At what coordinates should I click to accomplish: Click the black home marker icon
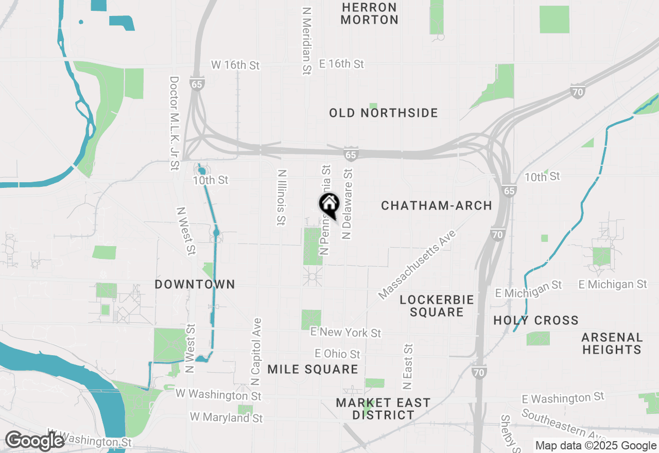[329, 205]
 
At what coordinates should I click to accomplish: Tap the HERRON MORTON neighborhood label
[369, 14]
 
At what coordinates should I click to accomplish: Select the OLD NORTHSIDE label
[384, 113]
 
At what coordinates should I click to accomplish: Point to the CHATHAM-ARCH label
[437, 205]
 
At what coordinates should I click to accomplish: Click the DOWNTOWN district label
[195, 284]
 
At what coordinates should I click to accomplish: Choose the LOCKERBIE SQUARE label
[437, 306]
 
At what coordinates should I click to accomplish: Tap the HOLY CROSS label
[536, 320]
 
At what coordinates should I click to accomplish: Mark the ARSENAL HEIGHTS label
[612, 343]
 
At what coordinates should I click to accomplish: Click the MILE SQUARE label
[313, 369]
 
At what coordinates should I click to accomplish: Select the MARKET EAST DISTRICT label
[383, 409]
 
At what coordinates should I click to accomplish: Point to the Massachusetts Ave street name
[418, 265]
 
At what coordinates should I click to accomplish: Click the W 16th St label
[236, 65]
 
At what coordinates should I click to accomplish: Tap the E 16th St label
[341, 64]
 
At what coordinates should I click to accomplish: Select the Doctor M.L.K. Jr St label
[174, 124]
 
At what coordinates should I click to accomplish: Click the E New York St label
[346, 333]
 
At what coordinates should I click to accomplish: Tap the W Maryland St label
[227, 417]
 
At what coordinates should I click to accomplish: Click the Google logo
[35, 441]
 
